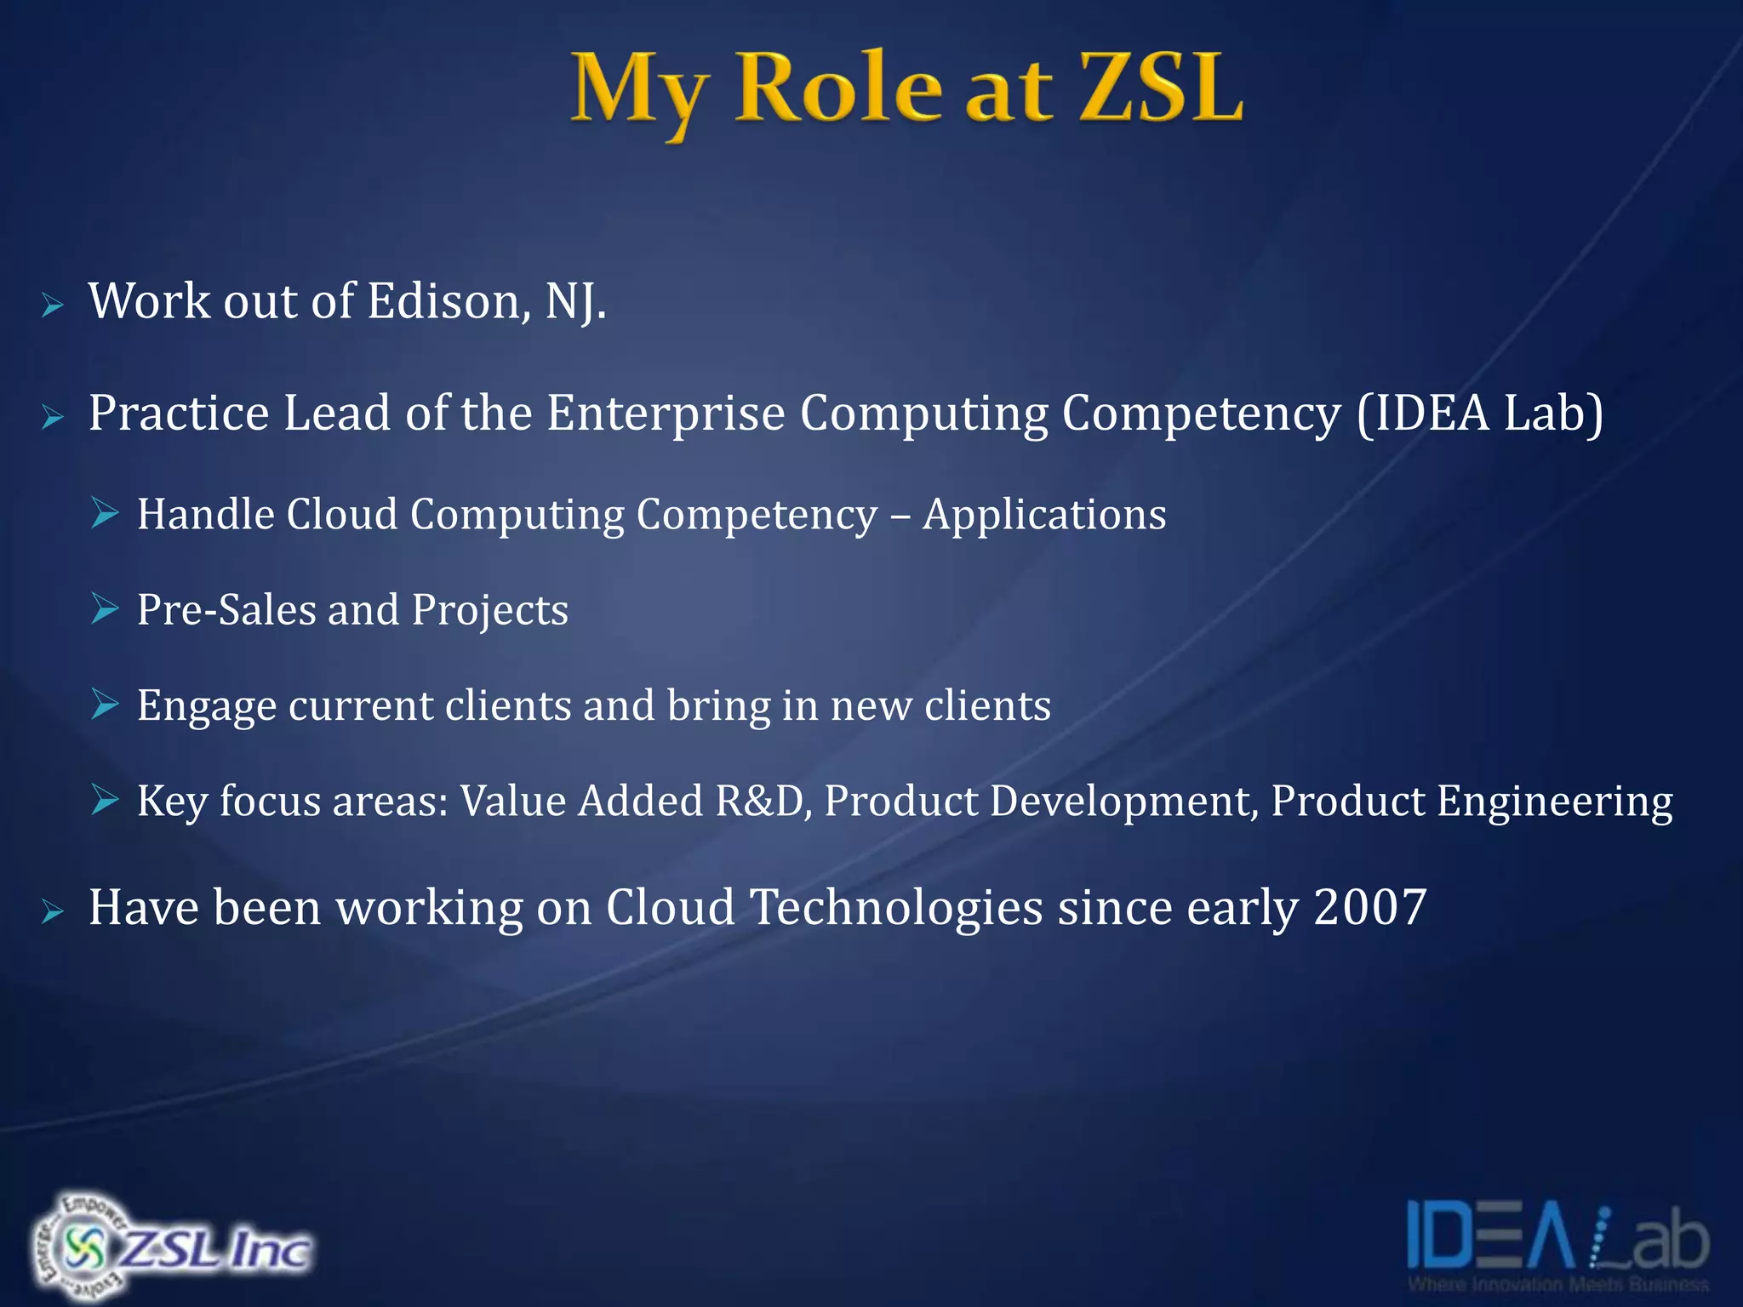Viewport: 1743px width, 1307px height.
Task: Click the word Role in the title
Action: [x=839, y=88]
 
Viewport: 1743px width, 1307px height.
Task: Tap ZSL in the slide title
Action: [x=1161, y=88]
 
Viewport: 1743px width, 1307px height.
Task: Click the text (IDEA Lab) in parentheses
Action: [x=1479, y=414]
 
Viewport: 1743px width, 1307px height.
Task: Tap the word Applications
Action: [x=1044, y=515]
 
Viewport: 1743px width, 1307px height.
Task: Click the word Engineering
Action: [x=1555, y=802]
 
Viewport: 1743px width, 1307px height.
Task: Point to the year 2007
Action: [x=1369, y=907]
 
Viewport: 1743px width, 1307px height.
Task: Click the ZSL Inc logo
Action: [x=170, y=1246]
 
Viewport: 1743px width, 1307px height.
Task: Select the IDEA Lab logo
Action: [x=1557, y=1242]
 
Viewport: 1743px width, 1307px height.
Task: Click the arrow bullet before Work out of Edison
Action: [x=53, y=306]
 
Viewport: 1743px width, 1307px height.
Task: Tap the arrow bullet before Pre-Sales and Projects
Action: [x=105, y=609]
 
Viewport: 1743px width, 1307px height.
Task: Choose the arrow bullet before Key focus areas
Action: [x=105, y=800]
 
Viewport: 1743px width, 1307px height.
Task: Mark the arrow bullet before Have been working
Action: [x=53, y=912]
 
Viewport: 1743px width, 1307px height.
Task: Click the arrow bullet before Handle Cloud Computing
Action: [x=105, y=513]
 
